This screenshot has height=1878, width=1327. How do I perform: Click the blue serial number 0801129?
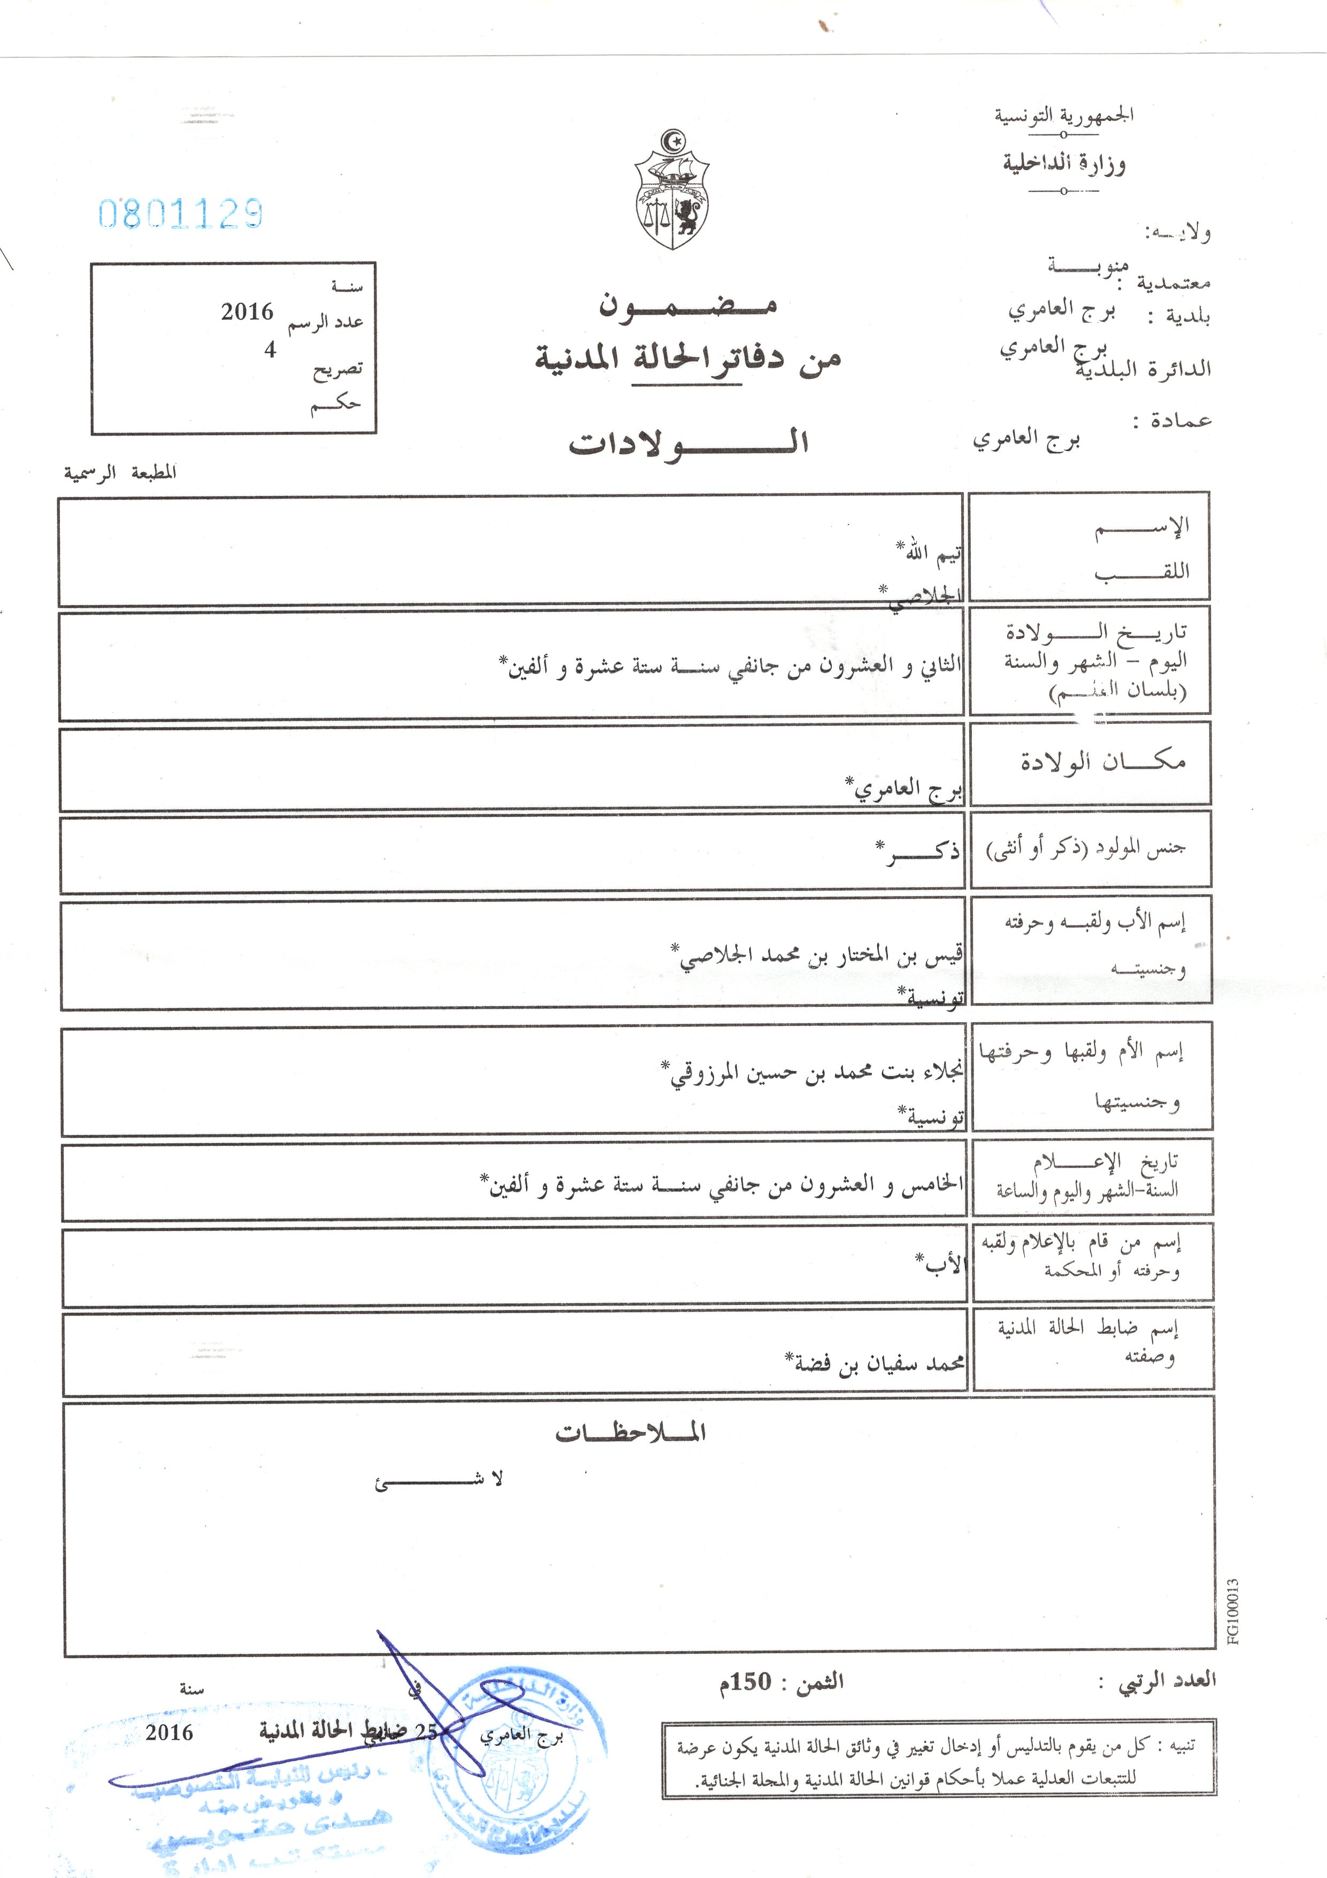click(181, 214)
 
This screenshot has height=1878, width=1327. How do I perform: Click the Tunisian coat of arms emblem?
click(672, 190)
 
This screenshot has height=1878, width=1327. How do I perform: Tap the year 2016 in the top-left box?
click(247, 311)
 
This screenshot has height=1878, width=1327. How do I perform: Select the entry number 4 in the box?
click(270, 350)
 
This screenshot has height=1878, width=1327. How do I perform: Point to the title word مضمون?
click(688, 306)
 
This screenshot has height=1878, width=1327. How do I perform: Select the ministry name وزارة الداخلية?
click(1064, 164)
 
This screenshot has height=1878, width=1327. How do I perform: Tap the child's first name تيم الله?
click(930, 554)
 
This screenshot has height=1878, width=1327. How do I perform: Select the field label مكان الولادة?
click(1102, 762)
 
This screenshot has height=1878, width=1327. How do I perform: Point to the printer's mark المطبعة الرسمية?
click(120, 473)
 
